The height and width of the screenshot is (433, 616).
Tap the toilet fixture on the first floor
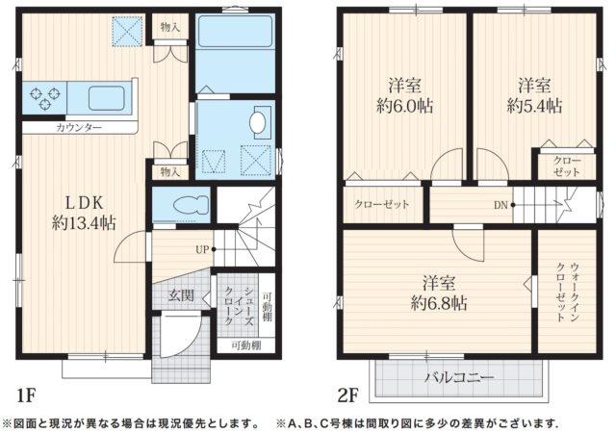click(x=183, y=205)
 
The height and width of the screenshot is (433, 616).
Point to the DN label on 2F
click(x=501, y=204)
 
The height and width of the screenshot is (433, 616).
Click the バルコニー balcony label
click(x=459, y=377)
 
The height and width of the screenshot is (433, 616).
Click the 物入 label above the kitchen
click(x=169, y=27)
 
